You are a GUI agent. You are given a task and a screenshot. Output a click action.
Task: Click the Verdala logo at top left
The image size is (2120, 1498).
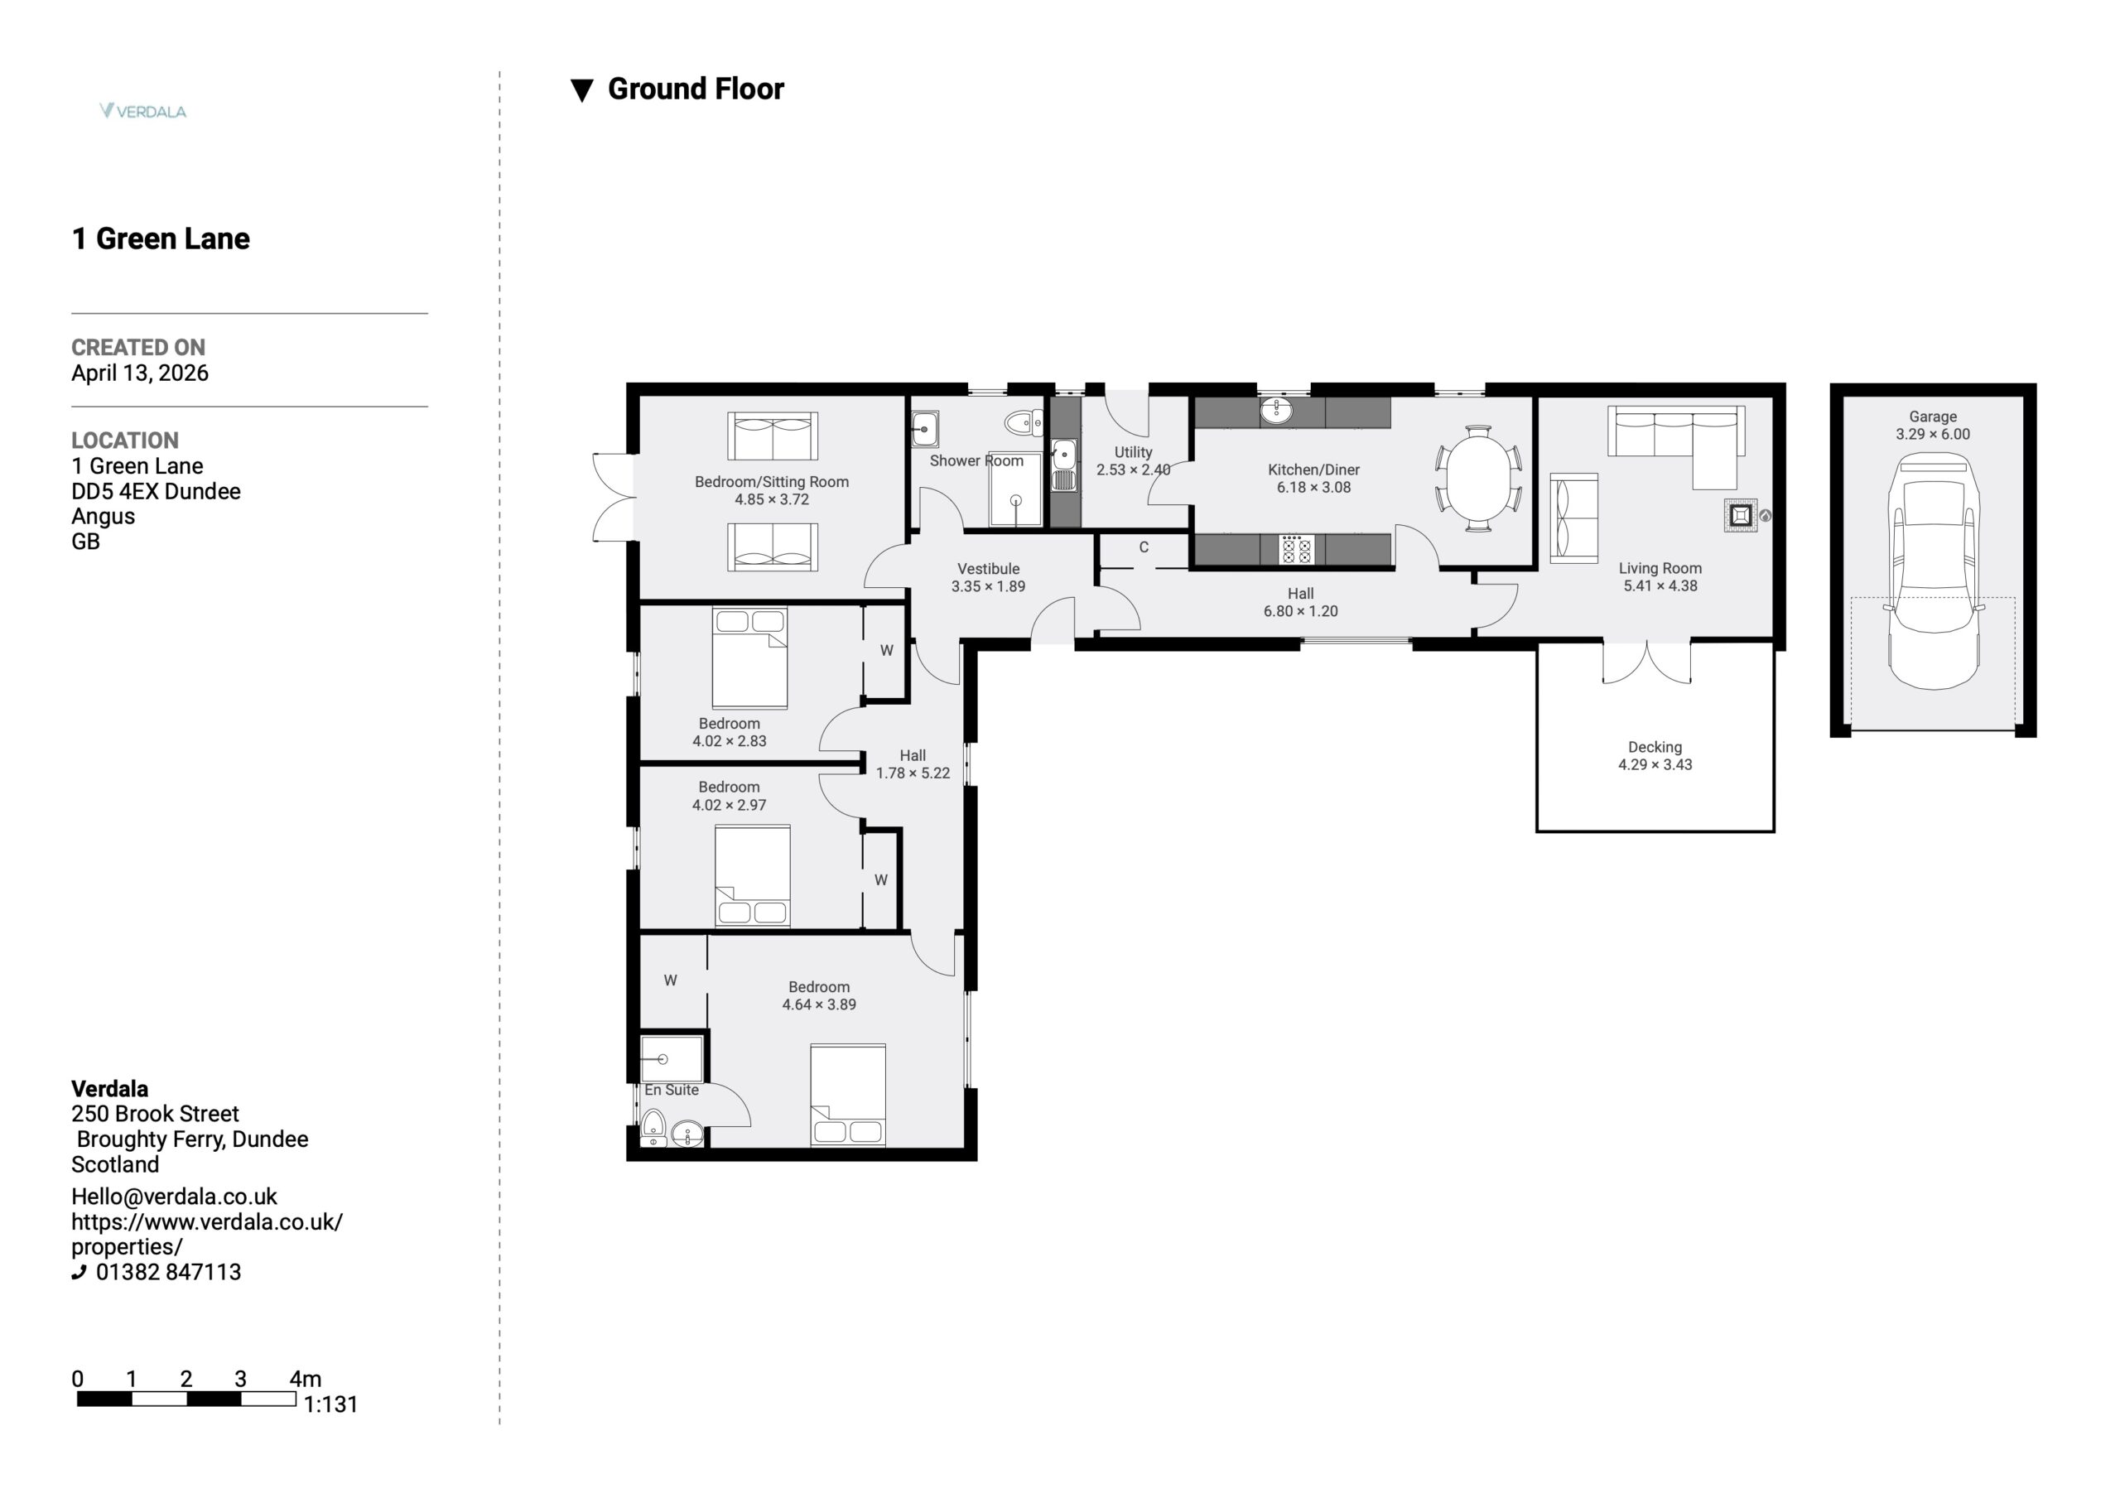(x=143, y=111)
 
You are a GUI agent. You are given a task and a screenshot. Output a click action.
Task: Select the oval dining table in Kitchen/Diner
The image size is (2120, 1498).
(x=1478, y=479)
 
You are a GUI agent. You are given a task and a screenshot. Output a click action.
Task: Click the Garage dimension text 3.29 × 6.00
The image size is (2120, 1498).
(x=1933, y=434)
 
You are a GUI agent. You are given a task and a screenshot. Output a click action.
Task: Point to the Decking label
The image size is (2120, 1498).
(x=1655, y=746)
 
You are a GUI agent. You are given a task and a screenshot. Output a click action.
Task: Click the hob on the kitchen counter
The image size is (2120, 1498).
(x=1294, y=550)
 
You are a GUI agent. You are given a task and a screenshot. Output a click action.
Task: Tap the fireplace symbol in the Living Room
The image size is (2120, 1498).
(x=1741, y=515)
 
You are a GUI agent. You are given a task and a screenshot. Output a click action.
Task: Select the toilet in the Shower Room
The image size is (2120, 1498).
(x=1023, y=423)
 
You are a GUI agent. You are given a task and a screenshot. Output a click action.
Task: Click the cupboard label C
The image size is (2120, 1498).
(x=1143, y=547)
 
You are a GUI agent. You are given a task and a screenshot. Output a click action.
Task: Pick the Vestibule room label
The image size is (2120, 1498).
(x=988, y=569)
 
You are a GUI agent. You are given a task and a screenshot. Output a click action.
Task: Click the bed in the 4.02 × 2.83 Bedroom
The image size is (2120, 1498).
(x=749, y=657)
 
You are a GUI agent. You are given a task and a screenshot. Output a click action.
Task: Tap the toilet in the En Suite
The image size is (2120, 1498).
(x=653, y=1128)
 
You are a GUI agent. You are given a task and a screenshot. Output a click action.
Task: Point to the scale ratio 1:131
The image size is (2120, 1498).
(x=330, y=1404)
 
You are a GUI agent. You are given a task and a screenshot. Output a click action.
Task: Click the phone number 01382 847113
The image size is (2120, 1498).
(x=168, y=1272)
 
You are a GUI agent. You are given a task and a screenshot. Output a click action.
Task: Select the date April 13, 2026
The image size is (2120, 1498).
(x=139, y=373)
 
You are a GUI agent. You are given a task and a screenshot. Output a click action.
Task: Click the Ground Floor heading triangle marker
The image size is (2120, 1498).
(x=581, y=90)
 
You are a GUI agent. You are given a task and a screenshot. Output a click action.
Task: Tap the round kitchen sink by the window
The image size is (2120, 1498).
(x=1276, y=409)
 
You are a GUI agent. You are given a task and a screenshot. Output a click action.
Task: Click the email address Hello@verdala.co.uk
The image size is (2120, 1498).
(x=174, y=1197)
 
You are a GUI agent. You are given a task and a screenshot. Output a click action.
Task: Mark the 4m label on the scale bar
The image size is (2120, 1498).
(x=306, y=1379)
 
